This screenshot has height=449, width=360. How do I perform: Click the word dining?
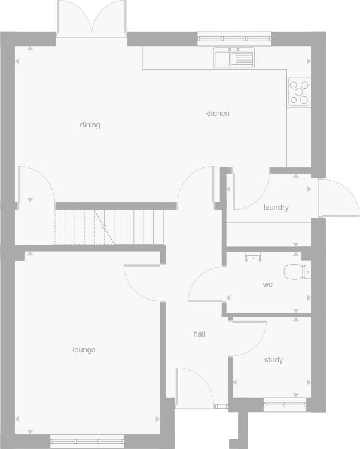point(90,125)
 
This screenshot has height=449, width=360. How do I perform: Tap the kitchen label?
point(217,114)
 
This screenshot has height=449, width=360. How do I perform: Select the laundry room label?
point(276,207)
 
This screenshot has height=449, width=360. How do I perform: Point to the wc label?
point(267,285)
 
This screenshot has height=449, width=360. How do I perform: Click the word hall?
point(199,334)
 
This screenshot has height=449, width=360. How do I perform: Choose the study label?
point(273,360)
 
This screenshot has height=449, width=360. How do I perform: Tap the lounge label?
point(84,350)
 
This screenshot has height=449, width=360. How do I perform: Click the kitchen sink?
point(234,58)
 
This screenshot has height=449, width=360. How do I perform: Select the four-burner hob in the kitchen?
point(299,91)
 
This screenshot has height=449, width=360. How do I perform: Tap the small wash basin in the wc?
point(254,258)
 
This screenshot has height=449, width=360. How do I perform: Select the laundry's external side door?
point(337,197)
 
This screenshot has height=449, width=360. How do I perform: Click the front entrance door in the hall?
point(194,387)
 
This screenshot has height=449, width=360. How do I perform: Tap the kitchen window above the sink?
point(234,39)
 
